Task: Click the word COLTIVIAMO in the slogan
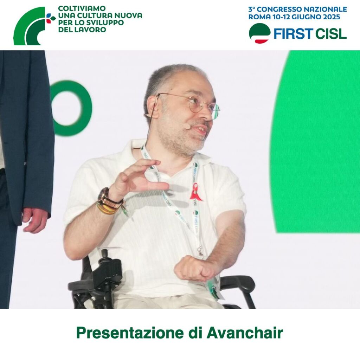[x=82, y=8]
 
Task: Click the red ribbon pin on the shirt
[x=195, y=192]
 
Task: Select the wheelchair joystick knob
[x=104, y=253]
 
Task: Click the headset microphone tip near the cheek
[x=187, y=126]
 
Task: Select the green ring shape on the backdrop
[x=70, y=108]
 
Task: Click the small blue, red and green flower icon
[x=51, y=18]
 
